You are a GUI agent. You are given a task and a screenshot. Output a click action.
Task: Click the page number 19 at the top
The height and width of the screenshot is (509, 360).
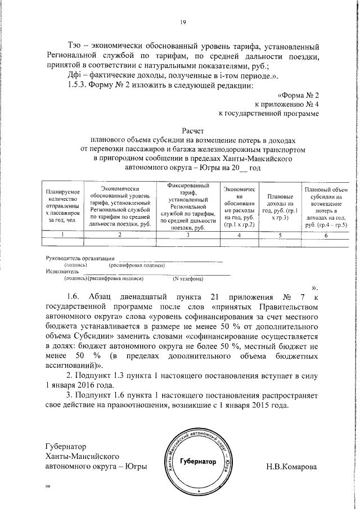click(x=183, y=22)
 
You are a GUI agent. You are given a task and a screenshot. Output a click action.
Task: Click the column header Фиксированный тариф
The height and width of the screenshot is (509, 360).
click(x=189, y=206)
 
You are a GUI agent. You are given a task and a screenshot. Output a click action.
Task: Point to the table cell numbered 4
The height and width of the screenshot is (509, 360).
click(x=239, y=235)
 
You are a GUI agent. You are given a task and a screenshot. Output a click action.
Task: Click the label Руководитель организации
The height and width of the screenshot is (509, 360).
click(x=76, y=258)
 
